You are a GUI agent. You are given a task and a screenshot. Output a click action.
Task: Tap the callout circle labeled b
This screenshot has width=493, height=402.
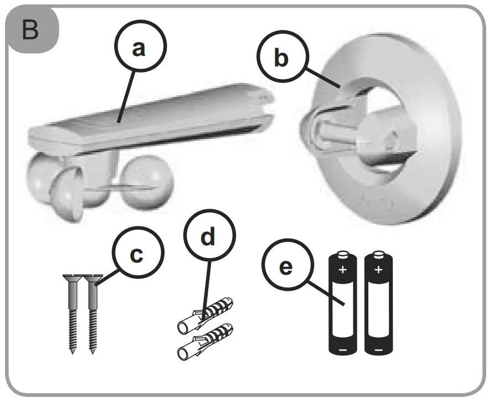click(x=281, y=57)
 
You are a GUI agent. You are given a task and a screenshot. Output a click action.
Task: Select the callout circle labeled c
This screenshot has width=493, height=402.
click(x=136, y=255)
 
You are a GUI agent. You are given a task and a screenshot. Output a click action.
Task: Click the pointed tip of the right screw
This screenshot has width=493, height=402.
click(x=91, y=351)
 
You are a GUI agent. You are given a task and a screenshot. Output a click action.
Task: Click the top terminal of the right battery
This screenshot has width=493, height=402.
click(x=378, y=254)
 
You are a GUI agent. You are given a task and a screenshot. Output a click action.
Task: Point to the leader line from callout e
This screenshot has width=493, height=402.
click(x=321, y=288)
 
